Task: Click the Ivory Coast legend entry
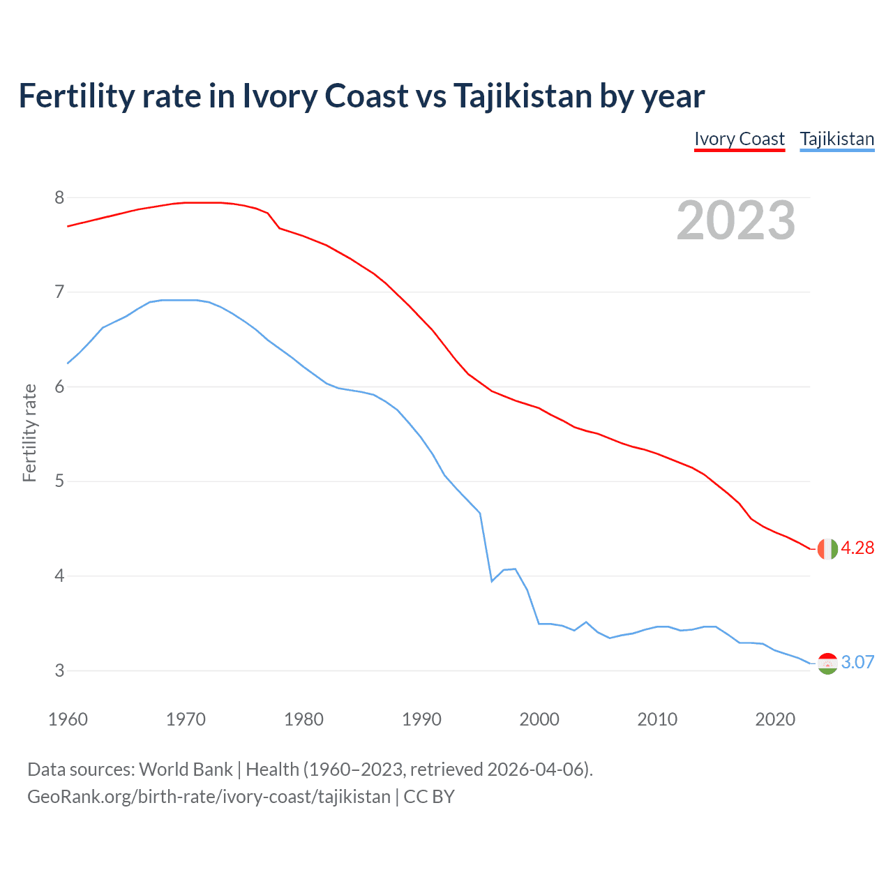[740, 139]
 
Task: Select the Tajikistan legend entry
[836, 139]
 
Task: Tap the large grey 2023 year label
[736, 220]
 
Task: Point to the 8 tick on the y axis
[59, 198]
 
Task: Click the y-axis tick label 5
[59, 481]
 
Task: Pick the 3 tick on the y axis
[59, 670]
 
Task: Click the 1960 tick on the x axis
[68, 719]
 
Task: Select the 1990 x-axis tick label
[421, 719]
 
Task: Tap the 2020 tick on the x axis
[775, 719]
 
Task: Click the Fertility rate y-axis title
[29, 433]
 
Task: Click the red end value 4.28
[857, 548]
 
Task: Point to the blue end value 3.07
[857, 663]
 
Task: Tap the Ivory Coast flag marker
[827, 549]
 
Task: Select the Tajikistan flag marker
[827, 663]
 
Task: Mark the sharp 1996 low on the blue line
[492, 580]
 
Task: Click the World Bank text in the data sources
[186, 770]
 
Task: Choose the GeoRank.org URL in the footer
[209, 797]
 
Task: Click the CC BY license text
[429, 797]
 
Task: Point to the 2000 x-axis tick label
[539, 719]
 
